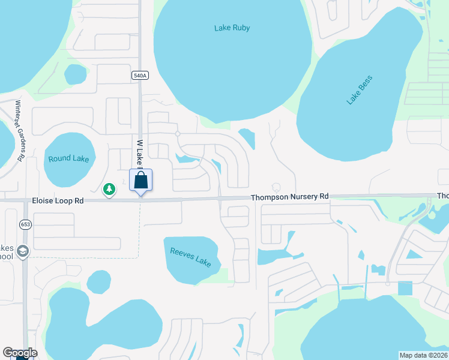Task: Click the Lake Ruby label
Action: point(232,28)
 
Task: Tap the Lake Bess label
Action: point(360,90)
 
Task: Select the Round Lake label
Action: point(68,158)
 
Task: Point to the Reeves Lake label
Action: point(191,258)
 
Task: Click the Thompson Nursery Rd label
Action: point(290,197)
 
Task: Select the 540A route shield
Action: point(140,75)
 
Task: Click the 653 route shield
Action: point(25,224)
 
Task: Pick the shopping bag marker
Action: point(140,180)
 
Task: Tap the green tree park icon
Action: point(109,190)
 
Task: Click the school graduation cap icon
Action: point(23,251)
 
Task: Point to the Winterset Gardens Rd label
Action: point(19,130)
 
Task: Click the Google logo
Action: point(20,353)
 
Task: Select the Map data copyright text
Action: point(423,355)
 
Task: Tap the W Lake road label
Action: point(139,153)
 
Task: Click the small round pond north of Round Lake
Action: point(76,74)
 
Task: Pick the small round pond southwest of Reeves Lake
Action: point(98,282)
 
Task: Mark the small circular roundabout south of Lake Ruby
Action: point(178,134)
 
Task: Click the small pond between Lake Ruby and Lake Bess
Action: point(248,139)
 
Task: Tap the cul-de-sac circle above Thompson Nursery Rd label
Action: point(277,187)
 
